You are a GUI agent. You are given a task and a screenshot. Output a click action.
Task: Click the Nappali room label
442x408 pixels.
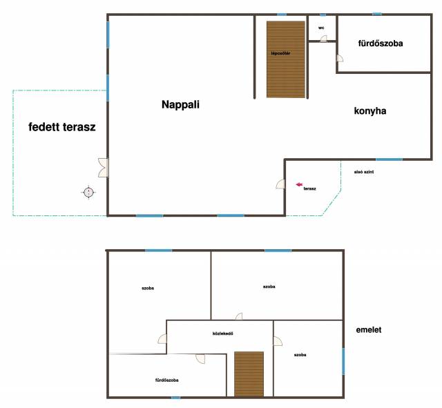tap(180, 104)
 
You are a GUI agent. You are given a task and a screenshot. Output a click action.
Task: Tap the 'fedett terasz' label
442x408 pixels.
tap(62, 127)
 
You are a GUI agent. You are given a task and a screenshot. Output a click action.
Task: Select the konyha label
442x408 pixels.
tap(370, 110)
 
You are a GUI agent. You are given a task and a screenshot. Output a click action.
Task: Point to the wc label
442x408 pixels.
tap(321, 28)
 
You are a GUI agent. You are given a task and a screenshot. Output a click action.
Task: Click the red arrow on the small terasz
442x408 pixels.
tap(299, 184)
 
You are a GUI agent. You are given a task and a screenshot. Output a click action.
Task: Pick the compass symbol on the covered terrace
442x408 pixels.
tap(89, 193)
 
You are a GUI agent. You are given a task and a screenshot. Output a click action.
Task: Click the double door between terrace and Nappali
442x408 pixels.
tap(103, 168)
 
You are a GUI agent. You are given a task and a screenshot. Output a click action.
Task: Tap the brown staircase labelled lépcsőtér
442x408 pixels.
tap(286, 59)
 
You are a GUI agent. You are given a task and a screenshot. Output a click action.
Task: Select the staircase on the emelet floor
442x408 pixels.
tap(249, 374)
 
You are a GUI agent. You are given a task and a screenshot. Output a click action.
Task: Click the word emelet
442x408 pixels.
tap(368, 330)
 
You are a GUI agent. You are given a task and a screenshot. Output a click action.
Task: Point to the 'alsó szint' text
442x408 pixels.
tap(364, 172)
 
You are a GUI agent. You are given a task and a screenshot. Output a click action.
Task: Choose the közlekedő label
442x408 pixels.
tap(222, 333)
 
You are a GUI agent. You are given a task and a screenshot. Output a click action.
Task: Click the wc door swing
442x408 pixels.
tap(324, 39)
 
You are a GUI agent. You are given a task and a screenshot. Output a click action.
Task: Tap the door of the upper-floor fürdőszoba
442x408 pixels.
tap(200, 359)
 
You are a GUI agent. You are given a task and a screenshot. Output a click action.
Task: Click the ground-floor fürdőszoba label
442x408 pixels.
tap(381, 43)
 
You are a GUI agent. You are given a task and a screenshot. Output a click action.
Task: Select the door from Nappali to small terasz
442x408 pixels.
tap(280, 184)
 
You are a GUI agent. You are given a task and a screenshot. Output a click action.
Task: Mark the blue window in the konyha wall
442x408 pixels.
tap(389, 159)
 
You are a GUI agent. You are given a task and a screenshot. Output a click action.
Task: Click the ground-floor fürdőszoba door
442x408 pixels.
tap(340, 58)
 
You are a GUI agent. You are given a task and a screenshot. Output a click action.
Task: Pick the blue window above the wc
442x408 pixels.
tap(323, 14)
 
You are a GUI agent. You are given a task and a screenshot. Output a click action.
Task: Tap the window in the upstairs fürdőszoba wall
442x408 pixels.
tap(175, 398)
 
